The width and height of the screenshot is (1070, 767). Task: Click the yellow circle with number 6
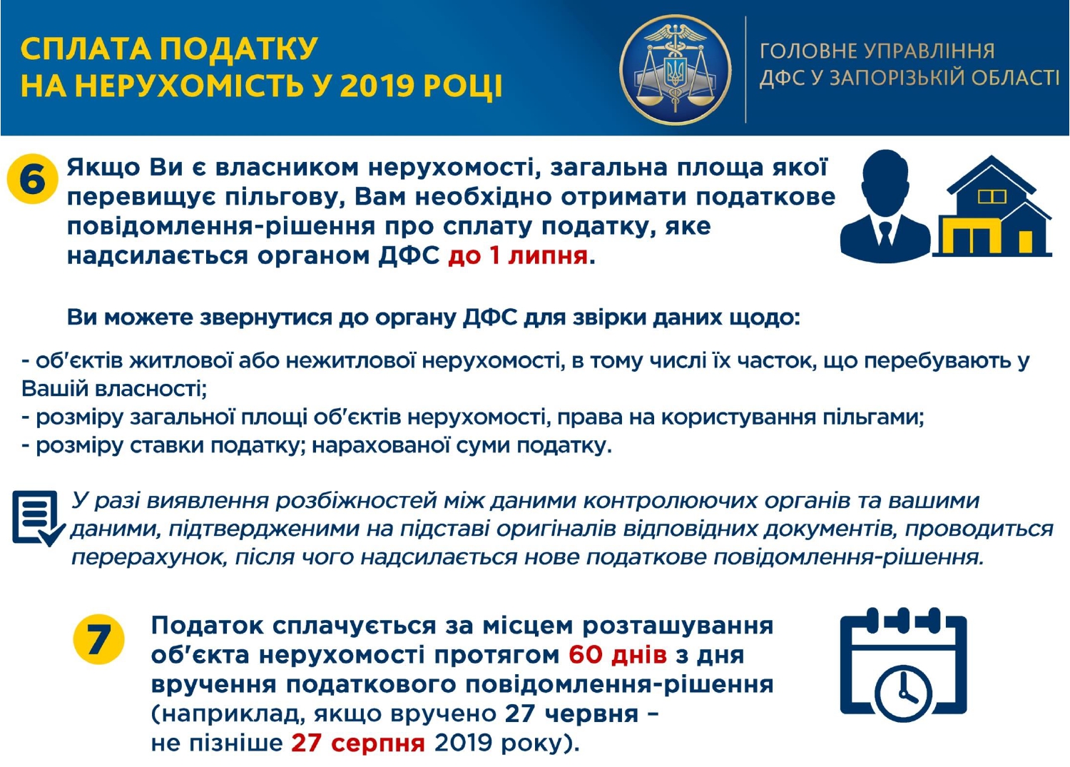[33, 179]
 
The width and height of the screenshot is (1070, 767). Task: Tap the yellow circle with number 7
[99, 639]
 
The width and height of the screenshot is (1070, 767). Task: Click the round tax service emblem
[676, 70]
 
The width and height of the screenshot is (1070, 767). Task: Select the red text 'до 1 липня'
[518, 256]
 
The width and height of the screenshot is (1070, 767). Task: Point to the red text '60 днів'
[618, 655]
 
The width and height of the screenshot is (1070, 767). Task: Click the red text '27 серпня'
[358, 743]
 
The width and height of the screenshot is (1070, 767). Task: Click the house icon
[993, 206]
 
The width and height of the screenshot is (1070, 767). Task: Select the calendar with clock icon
[903, 664]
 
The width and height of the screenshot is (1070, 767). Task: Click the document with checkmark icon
[39, 519]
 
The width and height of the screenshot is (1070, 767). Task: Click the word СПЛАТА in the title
[84, 49]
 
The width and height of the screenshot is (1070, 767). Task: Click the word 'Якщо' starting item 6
[103, 168]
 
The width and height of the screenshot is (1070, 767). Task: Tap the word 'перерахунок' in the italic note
[148, 558]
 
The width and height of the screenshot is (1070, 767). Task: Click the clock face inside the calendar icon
[902, 693]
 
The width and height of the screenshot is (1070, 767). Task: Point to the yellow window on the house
[992, 197]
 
